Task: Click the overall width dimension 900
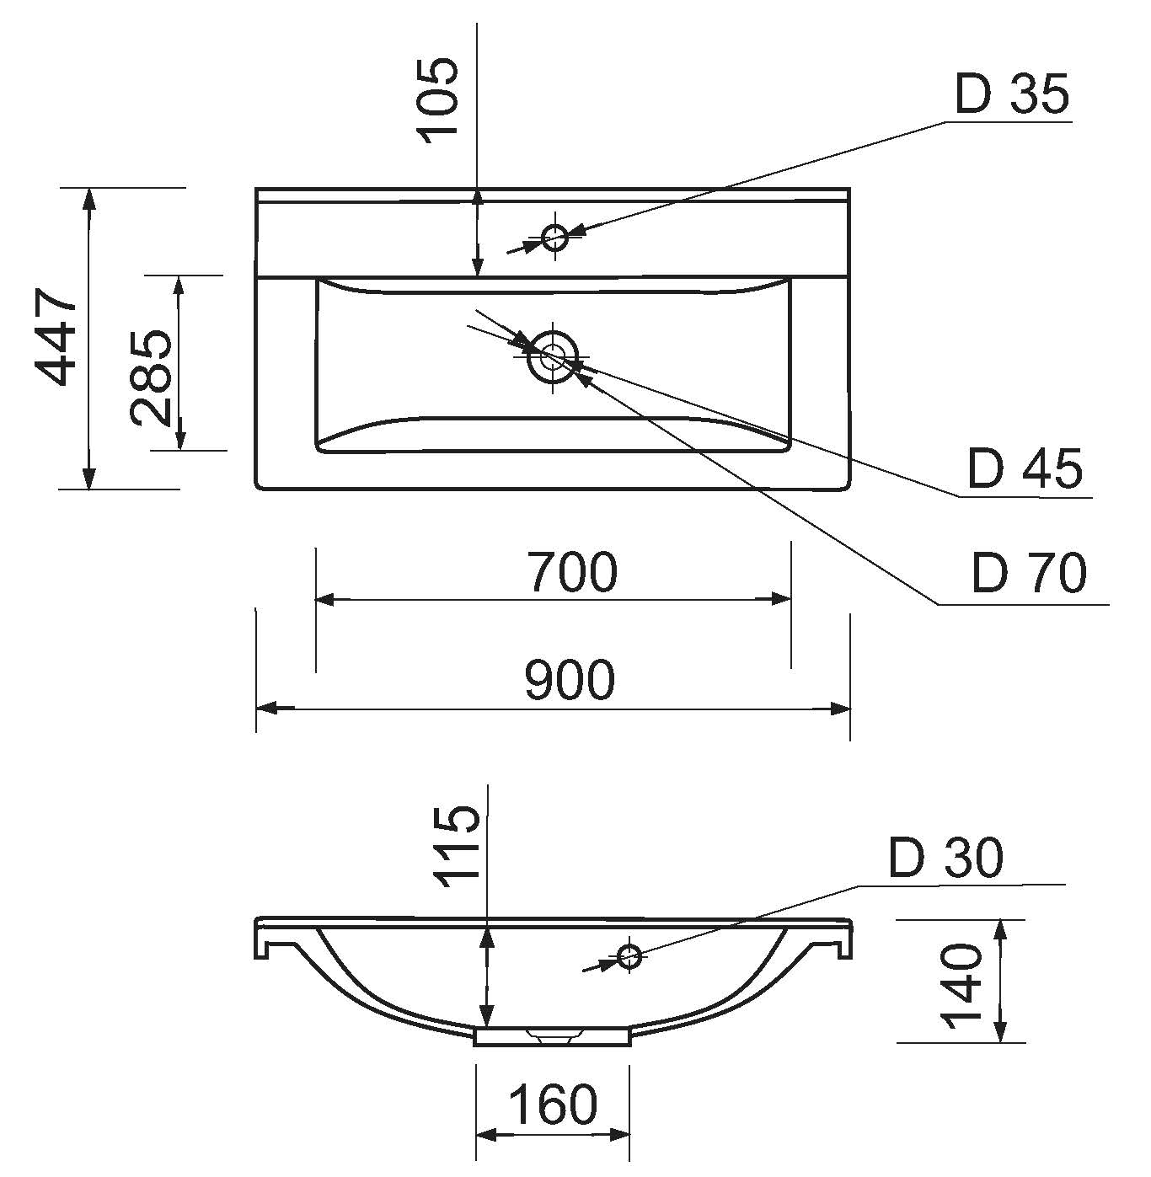click(x=569, y=680)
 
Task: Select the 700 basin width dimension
click(x=572, y=572)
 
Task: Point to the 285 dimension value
click(x=151, y=377)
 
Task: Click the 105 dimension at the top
click(x=437, y=100)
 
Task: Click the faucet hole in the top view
click(x=554, y=237)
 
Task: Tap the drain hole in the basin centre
click(x=552, y=356)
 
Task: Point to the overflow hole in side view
click(x=629, y=956)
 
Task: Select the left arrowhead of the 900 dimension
click(x=267, y=709)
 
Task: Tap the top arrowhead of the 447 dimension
click(x=89, y=199)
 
